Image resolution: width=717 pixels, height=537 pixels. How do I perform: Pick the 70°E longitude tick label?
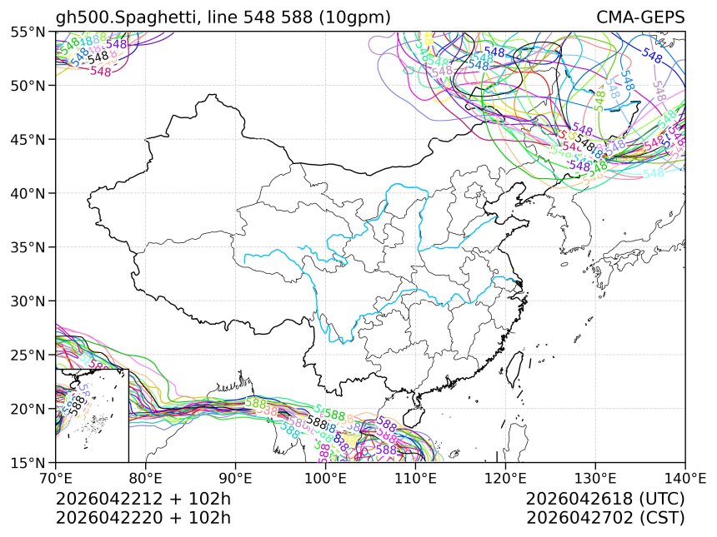(x=56, y=479)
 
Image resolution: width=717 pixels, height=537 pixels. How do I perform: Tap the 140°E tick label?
(x=684, y=479)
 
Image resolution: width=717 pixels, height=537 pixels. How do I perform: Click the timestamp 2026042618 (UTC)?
(x=605, y=500)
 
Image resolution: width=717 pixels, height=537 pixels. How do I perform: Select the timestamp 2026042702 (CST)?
(x=605, y=518)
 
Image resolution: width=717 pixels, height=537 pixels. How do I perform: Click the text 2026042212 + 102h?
(x=143, y=500)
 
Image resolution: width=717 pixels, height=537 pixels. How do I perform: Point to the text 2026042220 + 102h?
(x=143, y=518)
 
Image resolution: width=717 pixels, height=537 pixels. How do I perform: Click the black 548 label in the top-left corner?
(x=98, y=58)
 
